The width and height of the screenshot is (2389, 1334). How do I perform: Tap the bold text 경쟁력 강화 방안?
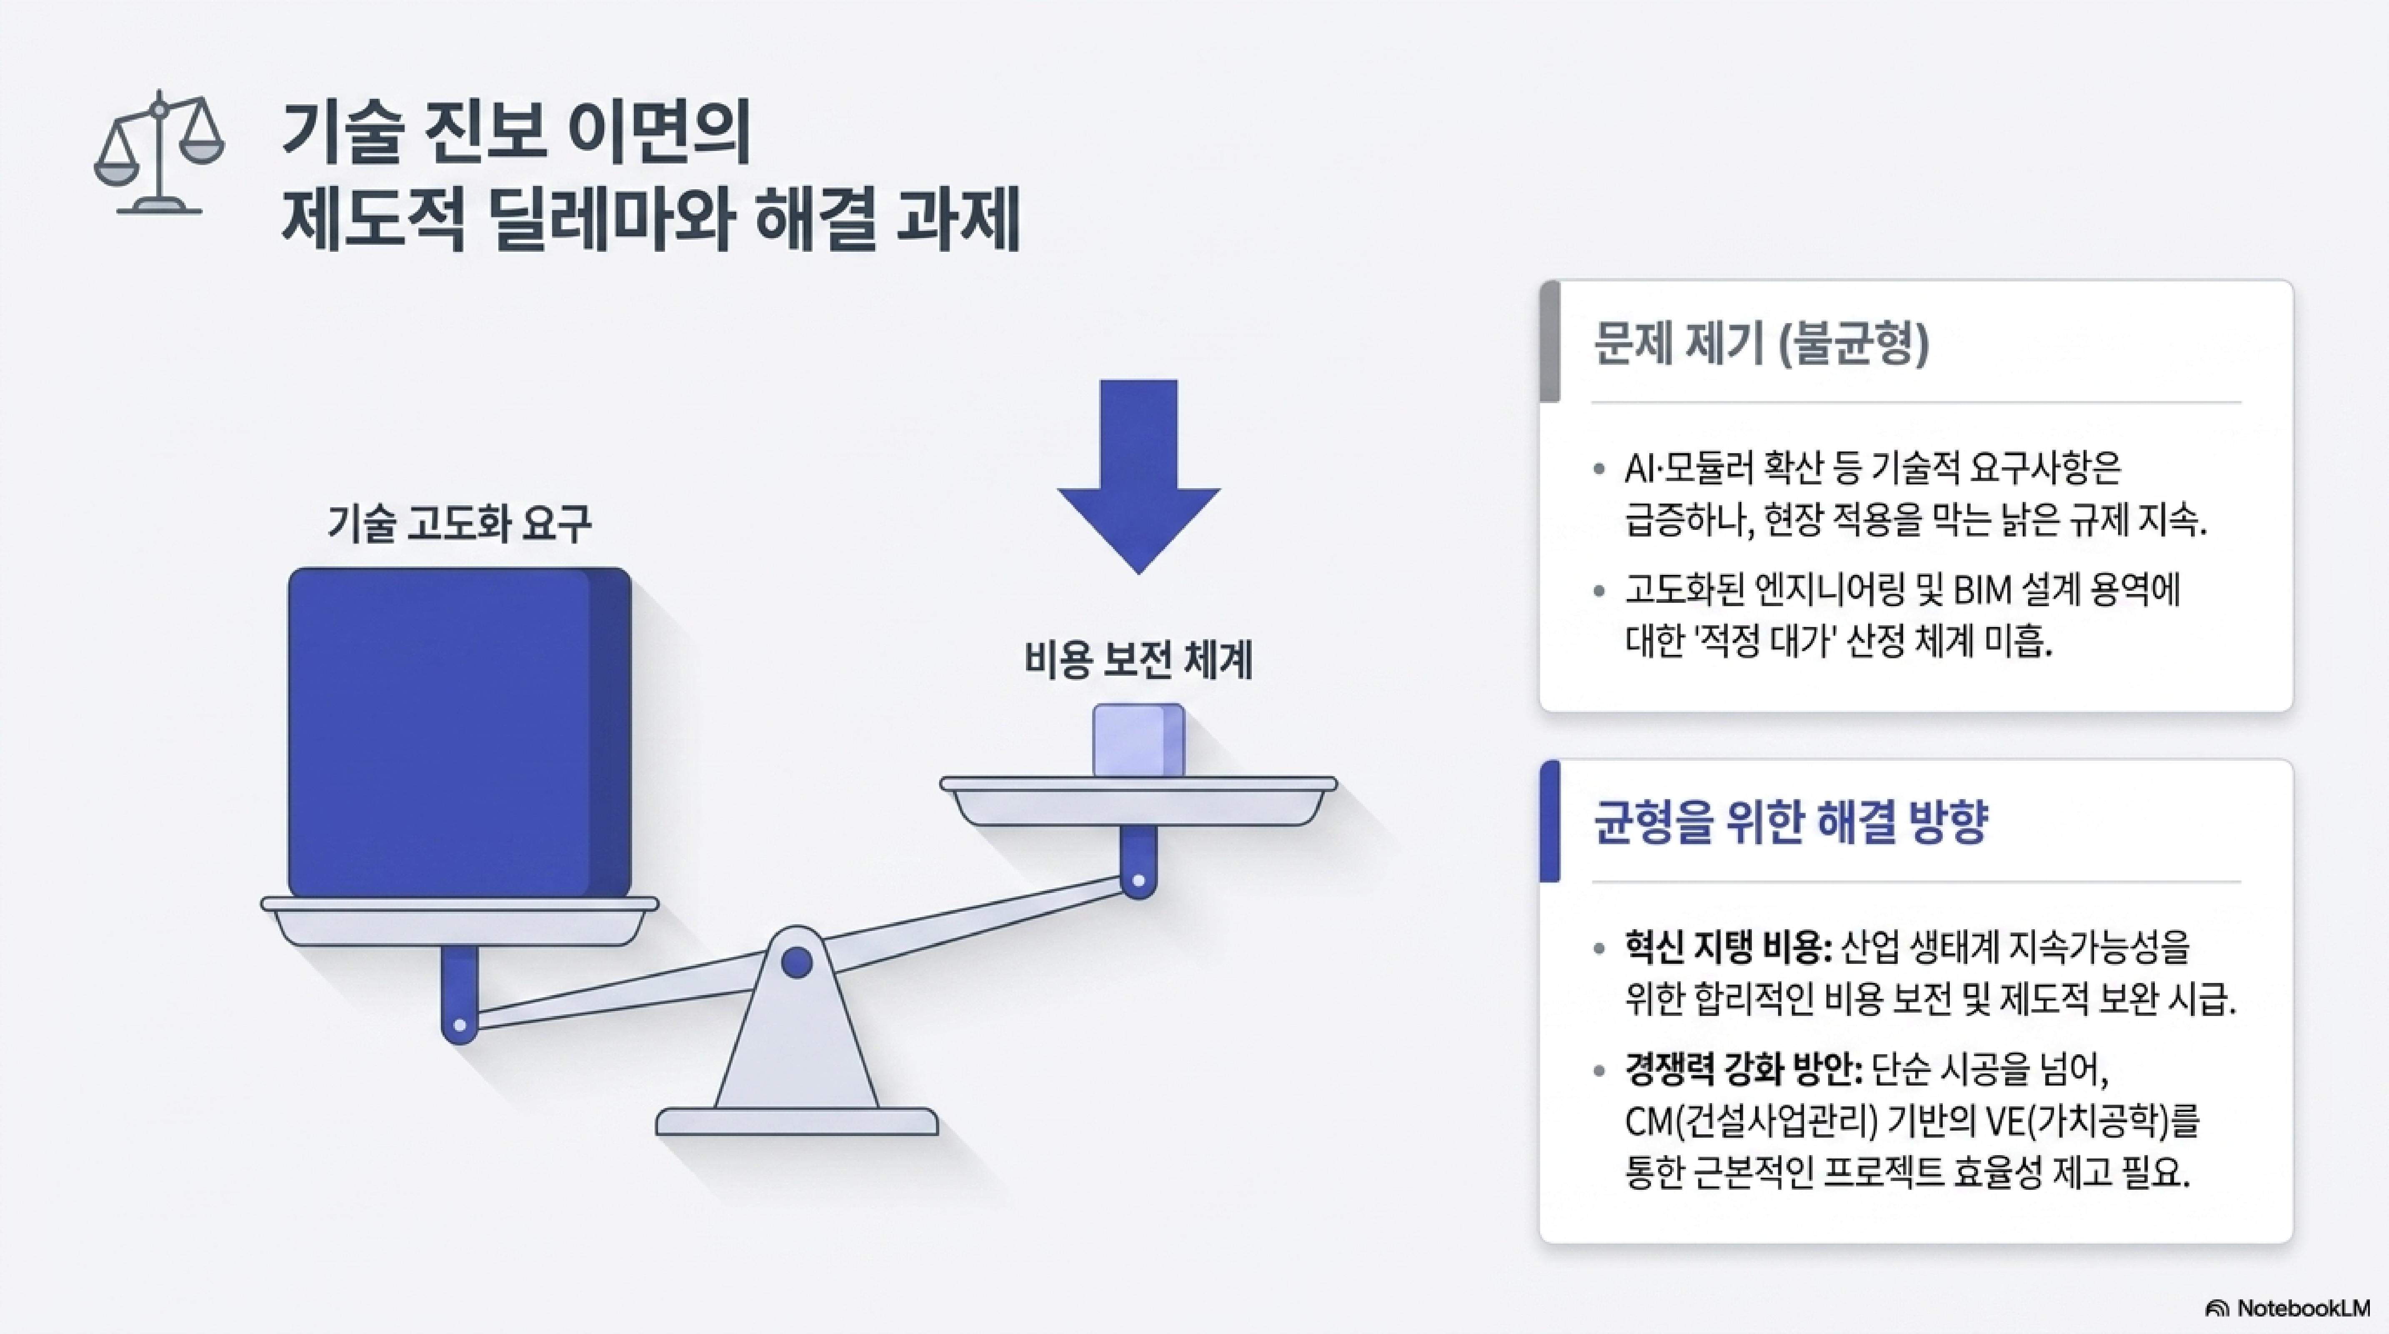[1744, 1070]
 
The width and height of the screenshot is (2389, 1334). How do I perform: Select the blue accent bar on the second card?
[1550, 821]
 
